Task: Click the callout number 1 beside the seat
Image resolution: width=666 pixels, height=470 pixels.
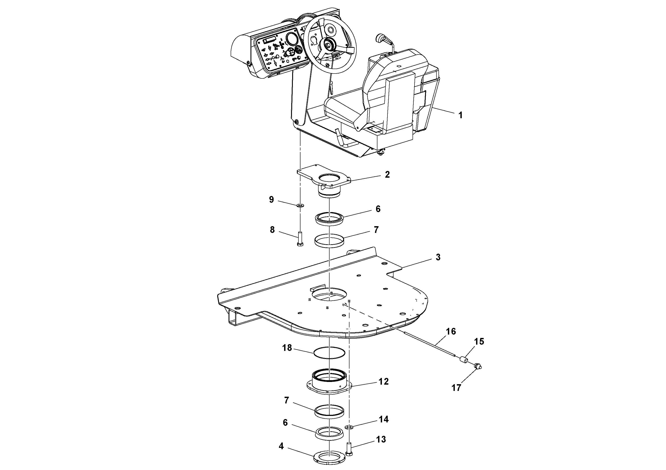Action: [x=460, y=115]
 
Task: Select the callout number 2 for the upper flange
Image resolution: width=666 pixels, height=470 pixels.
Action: [x=387, y=175]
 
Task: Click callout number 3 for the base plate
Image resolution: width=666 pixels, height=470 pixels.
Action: [x=438, y=257]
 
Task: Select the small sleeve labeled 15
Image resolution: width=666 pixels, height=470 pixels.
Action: [x=463, y=360]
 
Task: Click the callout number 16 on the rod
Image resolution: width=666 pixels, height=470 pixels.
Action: [x=451, y=331]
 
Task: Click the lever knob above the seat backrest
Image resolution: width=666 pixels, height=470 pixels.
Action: [x=380, y=38]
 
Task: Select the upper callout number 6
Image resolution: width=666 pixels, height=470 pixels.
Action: [x=378, y=209]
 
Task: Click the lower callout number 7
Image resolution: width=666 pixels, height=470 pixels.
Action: [x=287, y=400]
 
